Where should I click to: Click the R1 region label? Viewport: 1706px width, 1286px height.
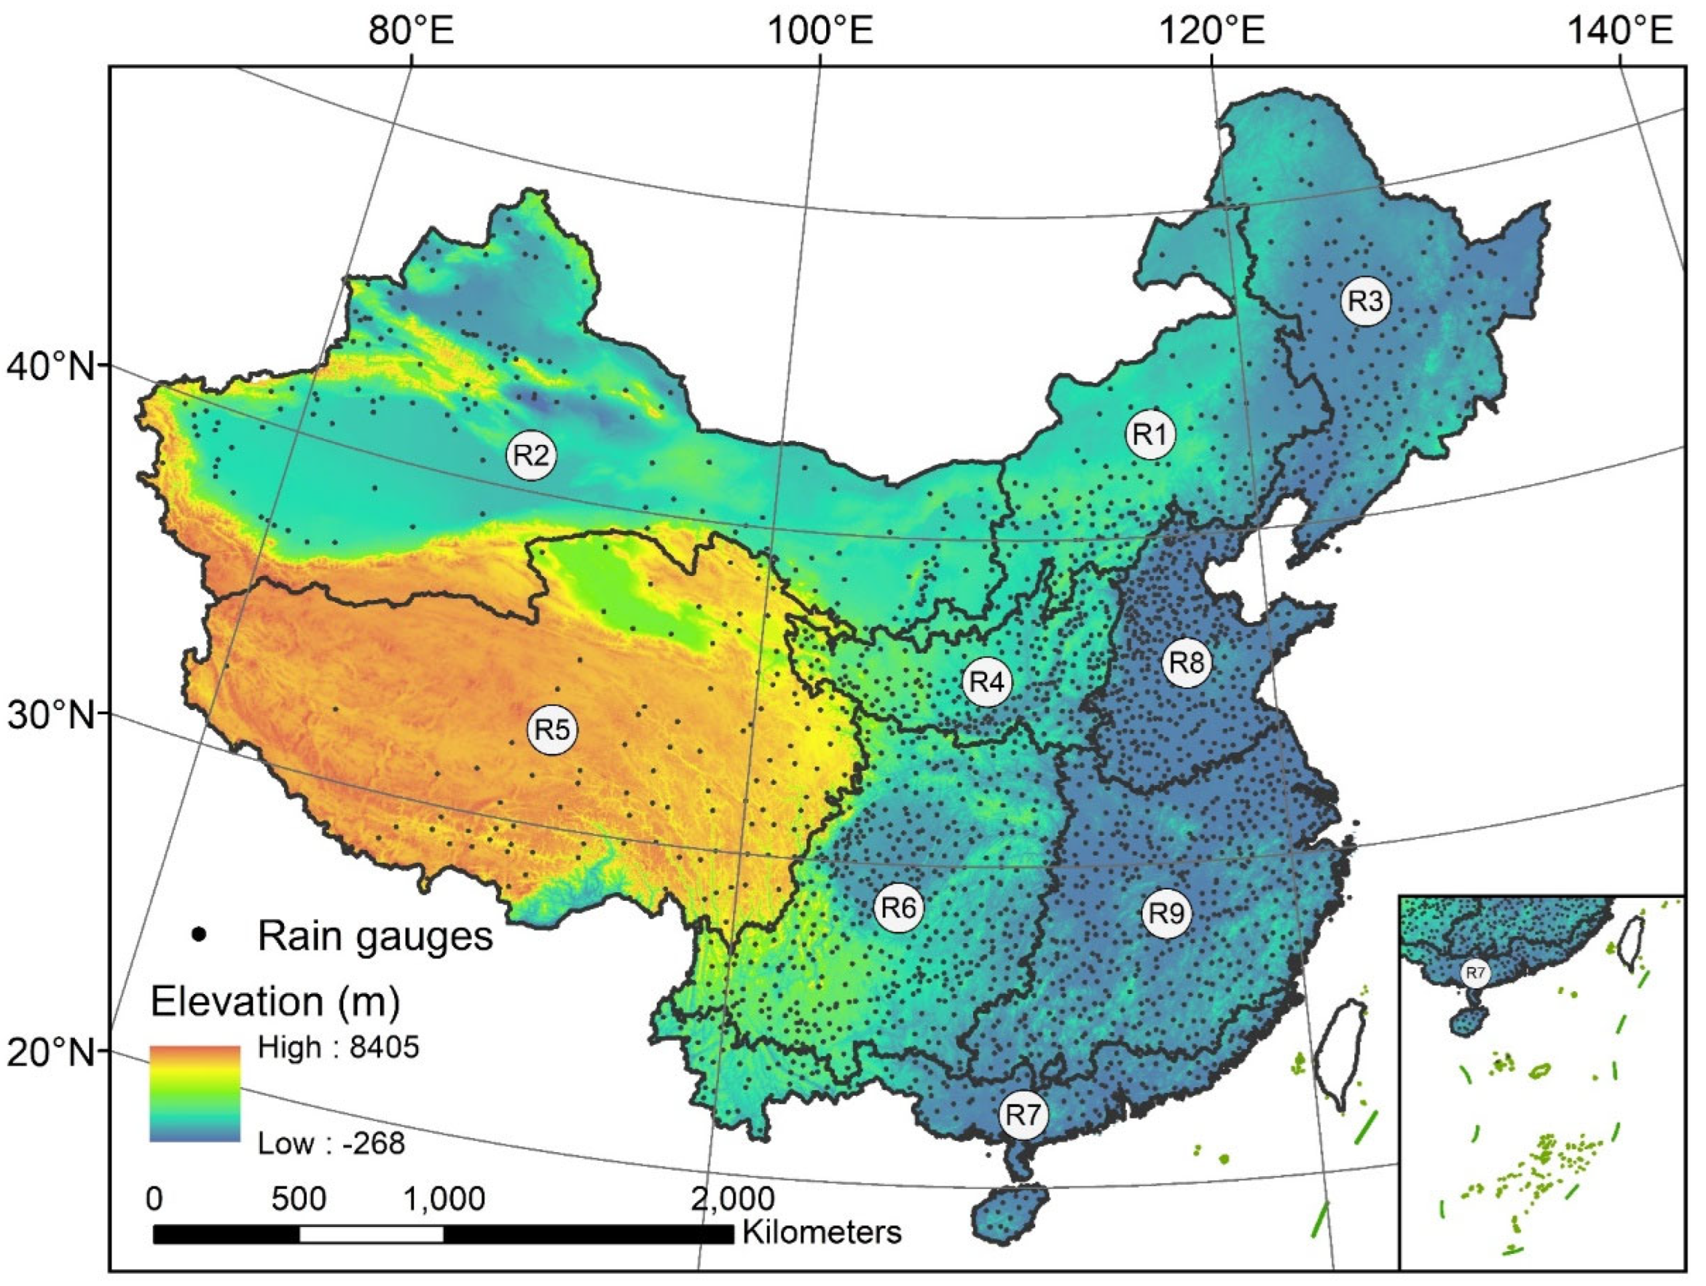[1151, 435]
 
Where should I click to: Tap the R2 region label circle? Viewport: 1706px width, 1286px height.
[531, 455]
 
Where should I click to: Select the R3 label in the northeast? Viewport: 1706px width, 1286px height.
[1365, 301]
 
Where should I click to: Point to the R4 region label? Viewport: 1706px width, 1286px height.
[986, 682]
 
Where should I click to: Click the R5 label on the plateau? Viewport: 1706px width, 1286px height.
[552, 729]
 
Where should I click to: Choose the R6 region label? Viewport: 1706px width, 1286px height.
[899, 908]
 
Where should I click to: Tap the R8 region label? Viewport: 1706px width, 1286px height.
[1187, 662]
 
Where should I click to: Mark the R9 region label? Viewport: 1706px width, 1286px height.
[1166, 913]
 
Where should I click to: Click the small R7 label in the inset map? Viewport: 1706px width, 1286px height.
[1475, 973]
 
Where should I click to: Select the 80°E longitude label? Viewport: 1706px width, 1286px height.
[411, 32]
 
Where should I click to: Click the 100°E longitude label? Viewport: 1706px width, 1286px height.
[820, 32]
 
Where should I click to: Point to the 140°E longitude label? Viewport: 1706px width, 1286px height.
[1620, 32]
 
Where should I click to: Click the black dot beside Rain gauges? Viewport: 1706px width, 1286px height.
[200, 934]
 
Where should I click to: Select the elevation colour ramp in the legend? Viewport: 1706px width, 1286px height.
[194, 1093]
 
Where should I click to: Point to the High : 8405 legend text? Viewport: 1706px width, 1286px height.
[338, 1047]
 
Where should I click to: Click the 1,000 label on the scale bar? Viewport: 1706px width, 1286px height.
[444, 1199]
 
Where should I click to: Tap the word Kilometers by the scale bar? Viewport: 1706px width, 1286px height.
[822, 1232]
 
